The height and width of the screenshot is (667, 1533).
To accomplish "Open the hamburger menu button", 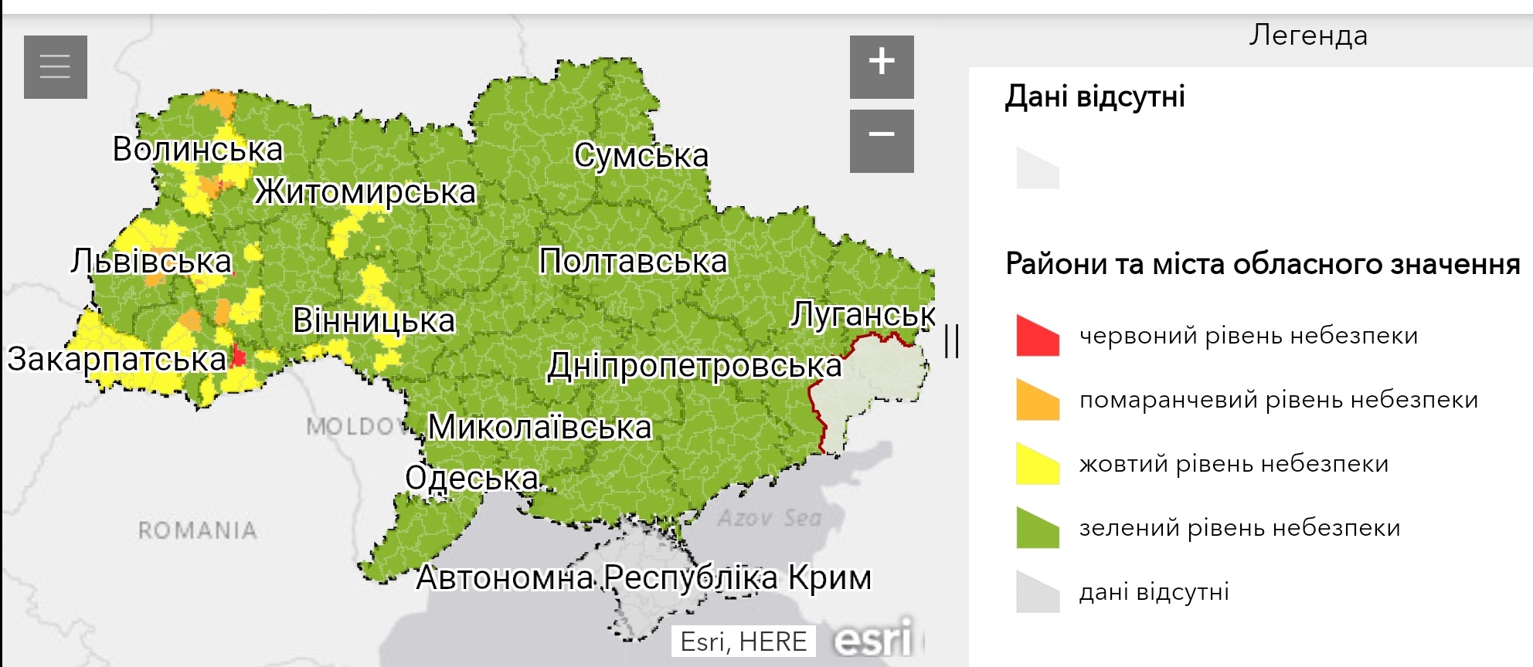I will [x=55, y=66].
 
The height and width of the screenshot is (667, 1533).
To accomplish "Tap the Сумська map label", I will [x=641, y=156].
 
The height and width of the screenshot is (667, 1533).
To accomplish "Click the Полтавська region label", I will [x=633, y=262].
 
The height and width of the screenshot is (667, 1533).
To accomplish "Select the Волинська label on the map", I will [x=198, y=149].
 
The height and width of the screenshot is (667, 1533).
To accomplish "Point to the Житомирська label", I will [x=365, y=191].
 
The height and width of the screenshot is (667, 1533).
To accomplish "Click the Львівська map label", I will [x=151, y=262].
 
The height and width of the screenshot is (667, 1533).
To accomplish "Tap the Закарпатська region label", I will [x=117, y=359].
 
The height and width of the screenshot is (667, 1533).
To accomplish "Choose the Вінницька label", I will [x=374, y=320].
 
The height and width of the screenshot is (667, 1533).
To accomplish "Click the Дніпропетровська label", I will [x=694, y=366].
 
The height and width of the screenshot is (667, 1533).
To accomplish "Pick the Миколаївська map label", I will [x=540, y=427].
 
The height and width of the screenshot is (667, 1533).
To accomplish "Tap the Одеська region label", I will [x=471, y=479].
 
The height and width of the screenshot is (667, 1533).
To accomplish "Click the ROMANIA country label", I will [x=198, y=530].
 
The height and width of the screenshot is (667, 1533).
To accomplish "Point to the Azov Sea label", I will [x=769, y=518].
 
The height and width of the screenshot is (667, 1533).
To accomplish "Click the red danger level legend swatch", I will [x=1037, y=337].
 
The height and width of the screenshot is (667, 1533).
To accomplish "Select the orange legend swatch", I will [x=1037, y=401].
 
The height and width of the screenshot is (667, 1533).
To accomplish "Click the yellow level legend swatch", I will [x=1037, y=465].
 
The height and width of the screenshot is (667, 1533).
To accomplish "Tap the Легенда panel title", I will [x=1308, y=36].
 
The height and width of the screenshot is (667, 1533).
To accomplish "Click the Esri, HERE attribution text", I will [x=743, y=642].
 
